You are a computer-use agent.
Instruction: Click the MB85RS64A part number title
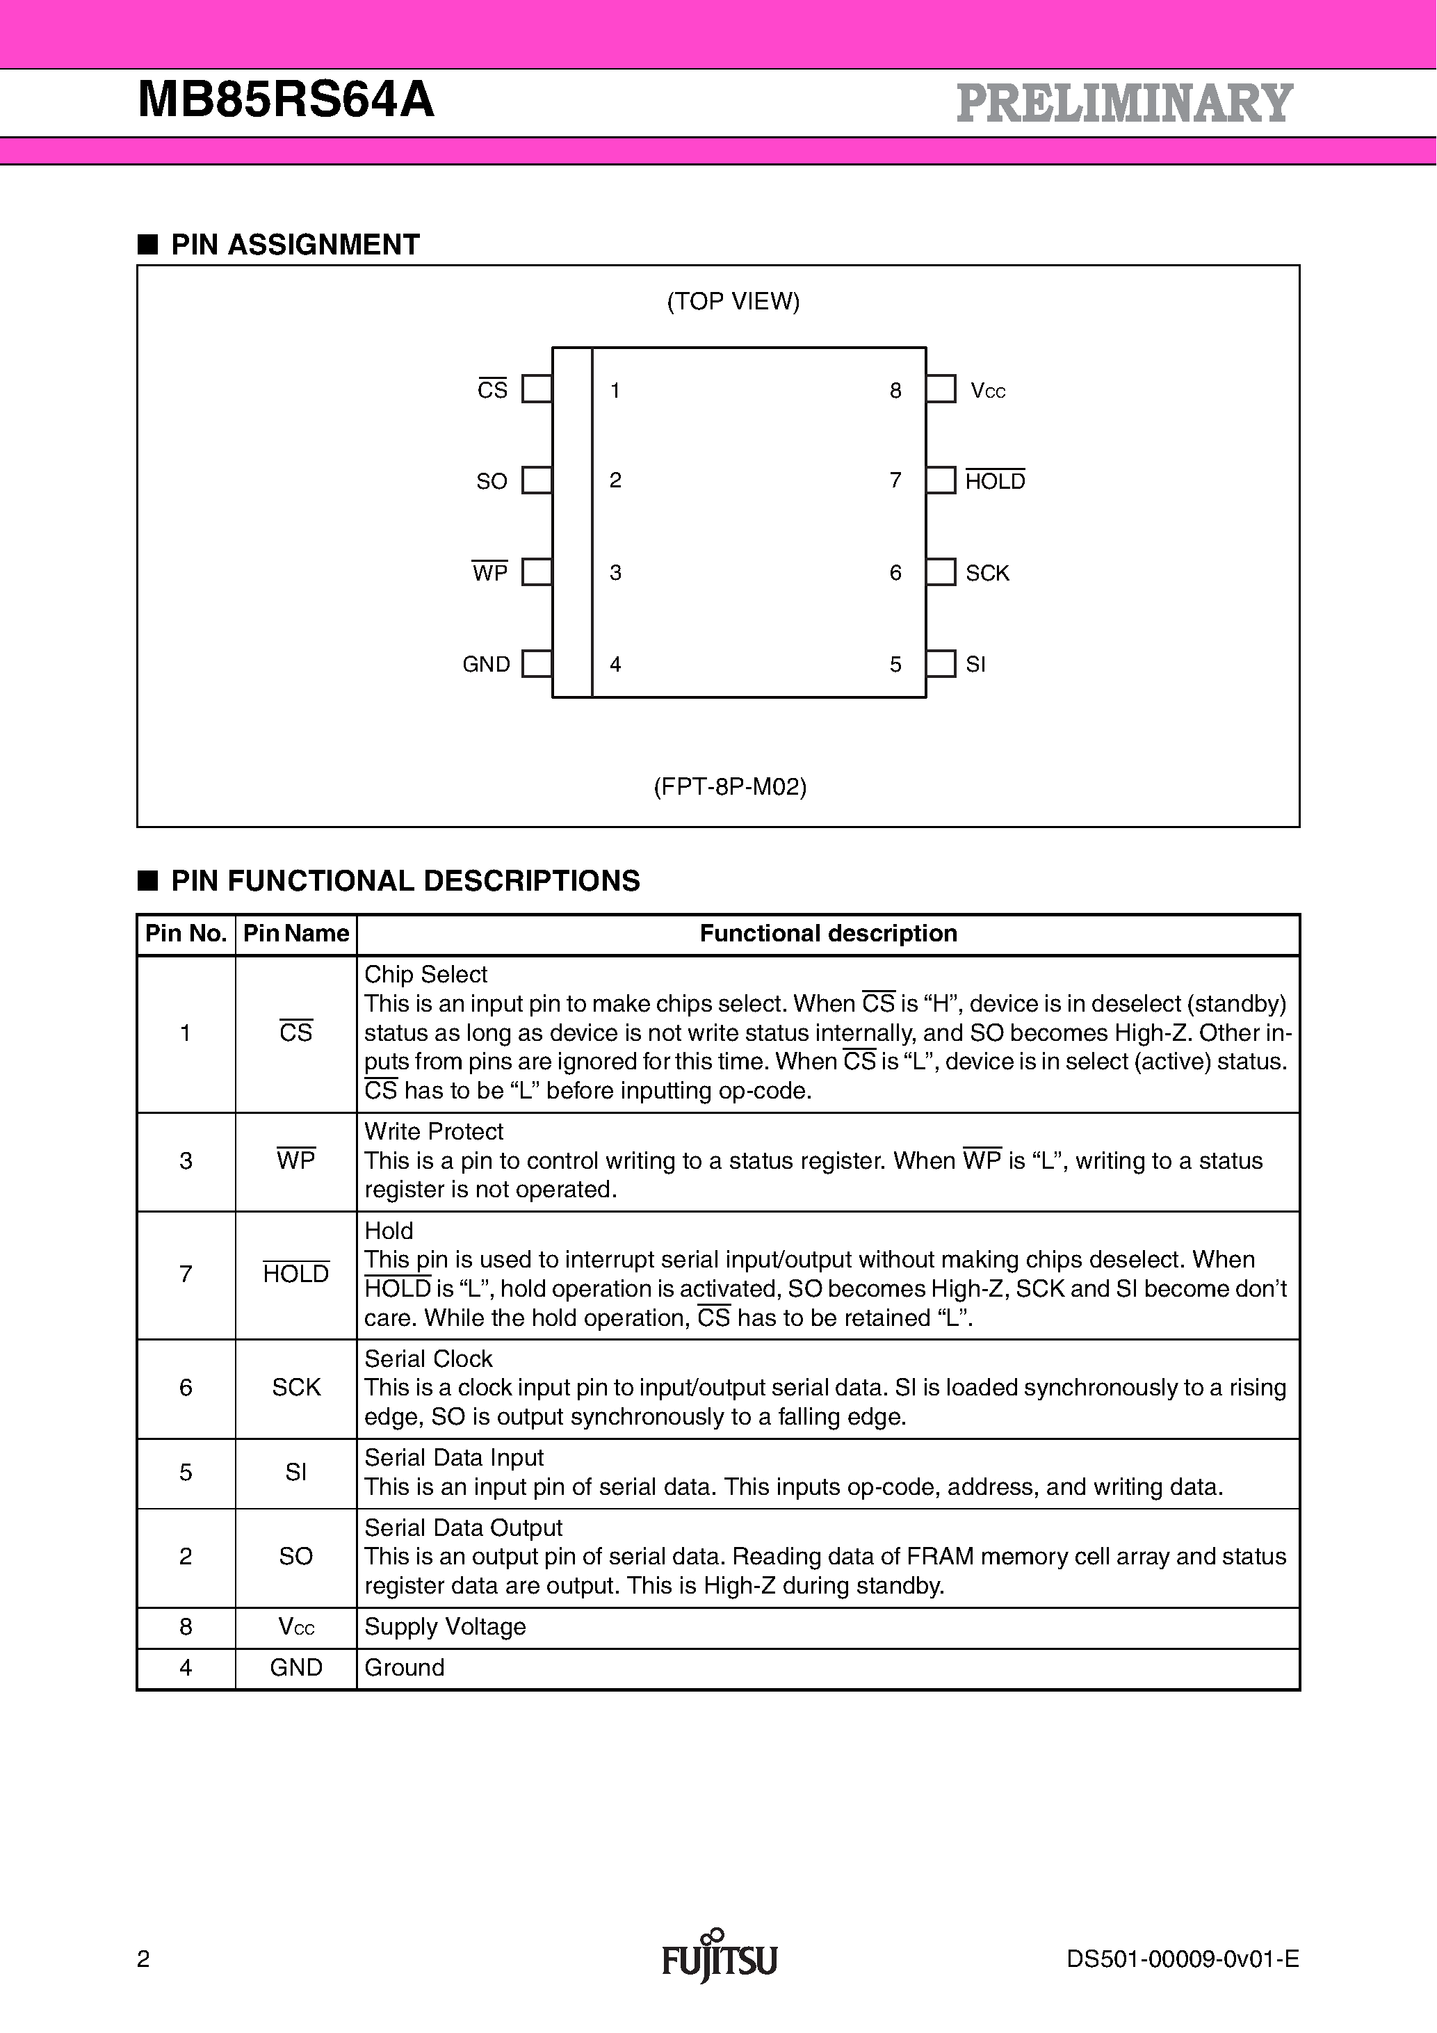click(286, 100)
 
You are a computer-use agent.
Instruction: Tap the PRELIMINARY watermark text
click(1123, 103)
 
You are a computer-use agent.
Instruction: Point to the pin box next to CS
click(537, 389)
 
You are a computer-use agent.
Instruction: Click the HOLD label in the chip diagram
click(994, 481)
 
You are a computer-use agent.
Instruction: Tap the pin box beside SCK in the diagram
click(941, 572)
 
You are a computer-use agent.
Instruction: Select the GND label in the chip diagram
click(486, 664)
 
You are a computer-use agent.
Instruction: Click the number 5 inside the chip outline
click(895, 664)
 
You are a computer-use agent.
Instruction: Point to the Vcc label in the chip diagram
click(987, 391)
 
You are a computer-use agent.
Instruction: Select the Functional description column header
click(828, 933)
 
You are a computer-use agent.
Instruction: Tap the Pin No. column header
click(186, 933)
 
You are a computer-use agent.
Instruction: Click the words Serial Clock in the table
click(428, 1359)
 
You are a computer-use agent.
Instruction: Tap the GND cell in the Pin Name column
click(295, 1667)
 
